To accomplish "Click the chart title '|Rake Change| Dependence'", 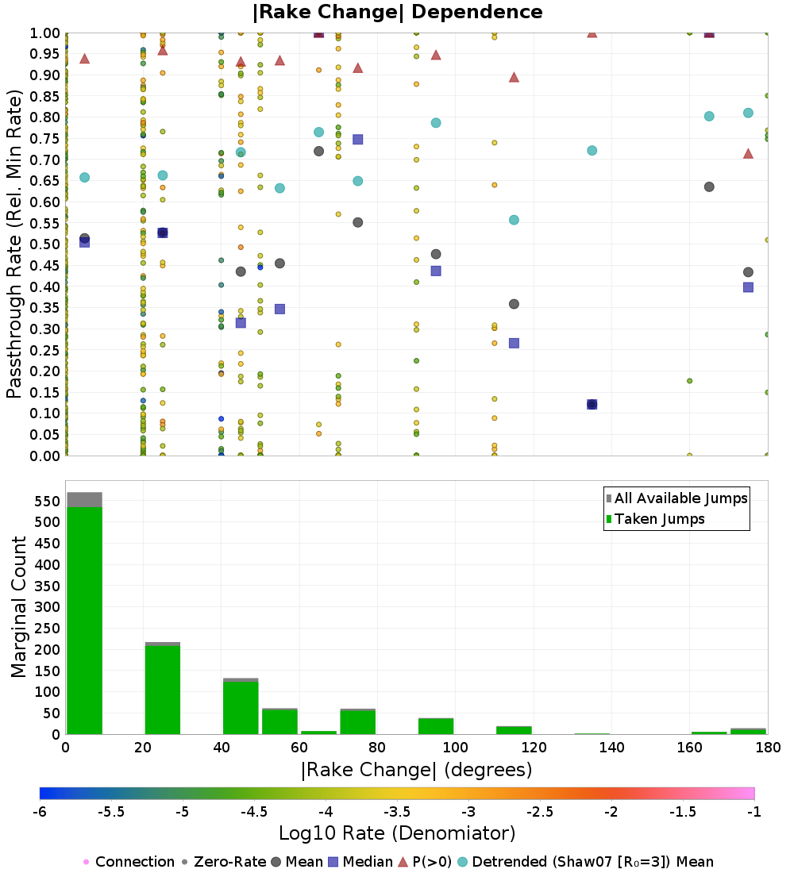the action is pyautogui.click(x=397, y=12).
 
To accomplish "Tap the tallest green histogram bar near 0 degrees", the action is pyautogui.click(x=85, y=621).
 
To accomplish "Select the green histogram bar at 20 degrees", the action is pyautogui.click(x=163, y=690).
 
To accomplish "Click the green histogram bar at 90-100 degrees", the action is pyautogui.click(x=436, y=726).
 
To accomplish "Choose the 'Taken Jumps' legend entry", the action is pyautogui.click(x=655, y=519).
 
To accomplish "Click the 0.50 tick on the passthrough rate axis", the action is pyautogui.click(x=44, y=244).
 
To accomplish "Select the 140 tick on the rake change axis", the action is pyautogui.click(x=612, y=747).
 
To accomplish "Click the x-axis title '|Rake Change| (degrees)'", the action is pyautogui.click(x=417, y=770).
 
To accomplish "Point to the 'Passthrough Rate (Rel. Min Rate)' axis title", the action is pyautogui.click(x=14, y=244).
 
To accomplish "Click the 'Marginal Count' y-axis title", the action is pyautogui.click(x=18, y=607).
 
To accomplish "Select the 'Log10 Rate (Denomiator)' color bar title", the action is pyautogui.click(x=397, y=833).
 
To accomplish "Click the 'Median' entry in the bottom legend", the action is pyautogui.click(x=361, y=862).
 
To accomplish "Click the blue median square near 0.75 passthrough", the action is pyautogui.click(x=358, y=139).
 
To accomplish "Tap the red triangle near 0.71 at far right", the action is pyautogui.click(x=748, y=153).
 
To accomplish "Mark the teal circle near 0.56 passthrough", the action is pyautogui.click(x=514, y=220).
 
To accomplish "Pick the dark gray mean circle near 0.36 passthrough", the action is pyautogui.click(x=514, y=304).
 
